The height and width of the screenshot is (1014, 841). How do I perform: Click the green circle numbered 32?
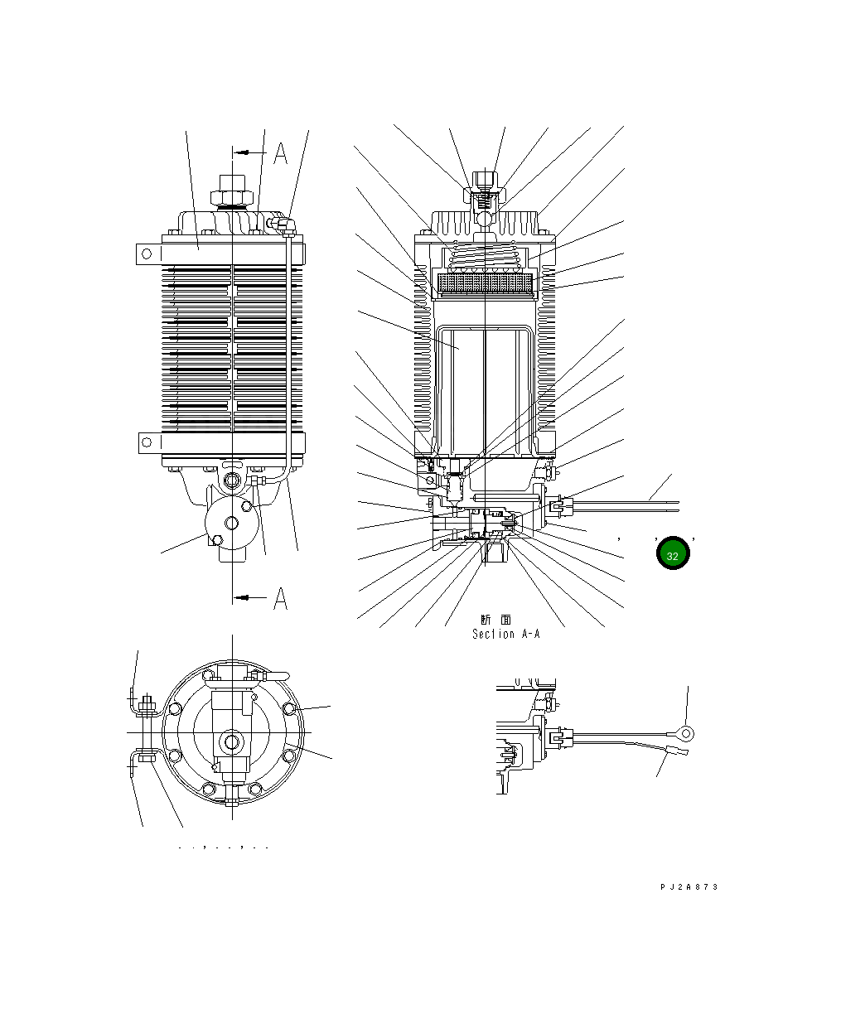(673, 555)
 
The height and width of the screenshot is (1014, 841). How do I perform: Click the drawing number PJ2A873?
(689, 886)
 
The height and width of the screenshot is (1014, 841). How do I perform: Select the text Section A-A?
(505, 634)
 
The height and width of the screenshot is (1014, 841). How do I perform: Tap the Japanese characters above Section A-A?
(495, 620)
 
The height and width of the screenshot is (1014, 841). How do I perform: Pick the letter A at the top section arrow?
(281, 153)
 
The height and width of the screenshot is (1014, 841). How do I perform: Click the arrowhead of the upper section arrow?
(237, 152)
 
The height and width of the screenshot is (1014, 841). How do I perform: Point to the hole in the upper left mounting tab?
(147, 252)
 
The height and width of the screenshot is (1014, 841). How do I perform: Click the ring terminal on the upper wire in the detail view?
(684, 732)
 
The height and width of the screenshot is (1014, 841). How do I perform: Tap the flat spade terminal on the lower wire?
(676, 752)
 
